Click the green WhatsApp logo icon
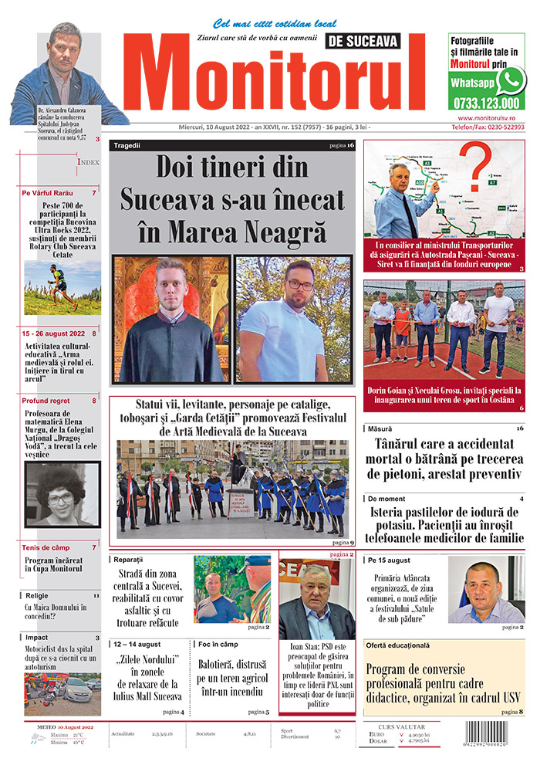click(x=510, y=80)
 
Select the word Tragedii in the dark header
click(x=127, y=145)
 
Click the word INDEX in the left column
click(x=88, y=163)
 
